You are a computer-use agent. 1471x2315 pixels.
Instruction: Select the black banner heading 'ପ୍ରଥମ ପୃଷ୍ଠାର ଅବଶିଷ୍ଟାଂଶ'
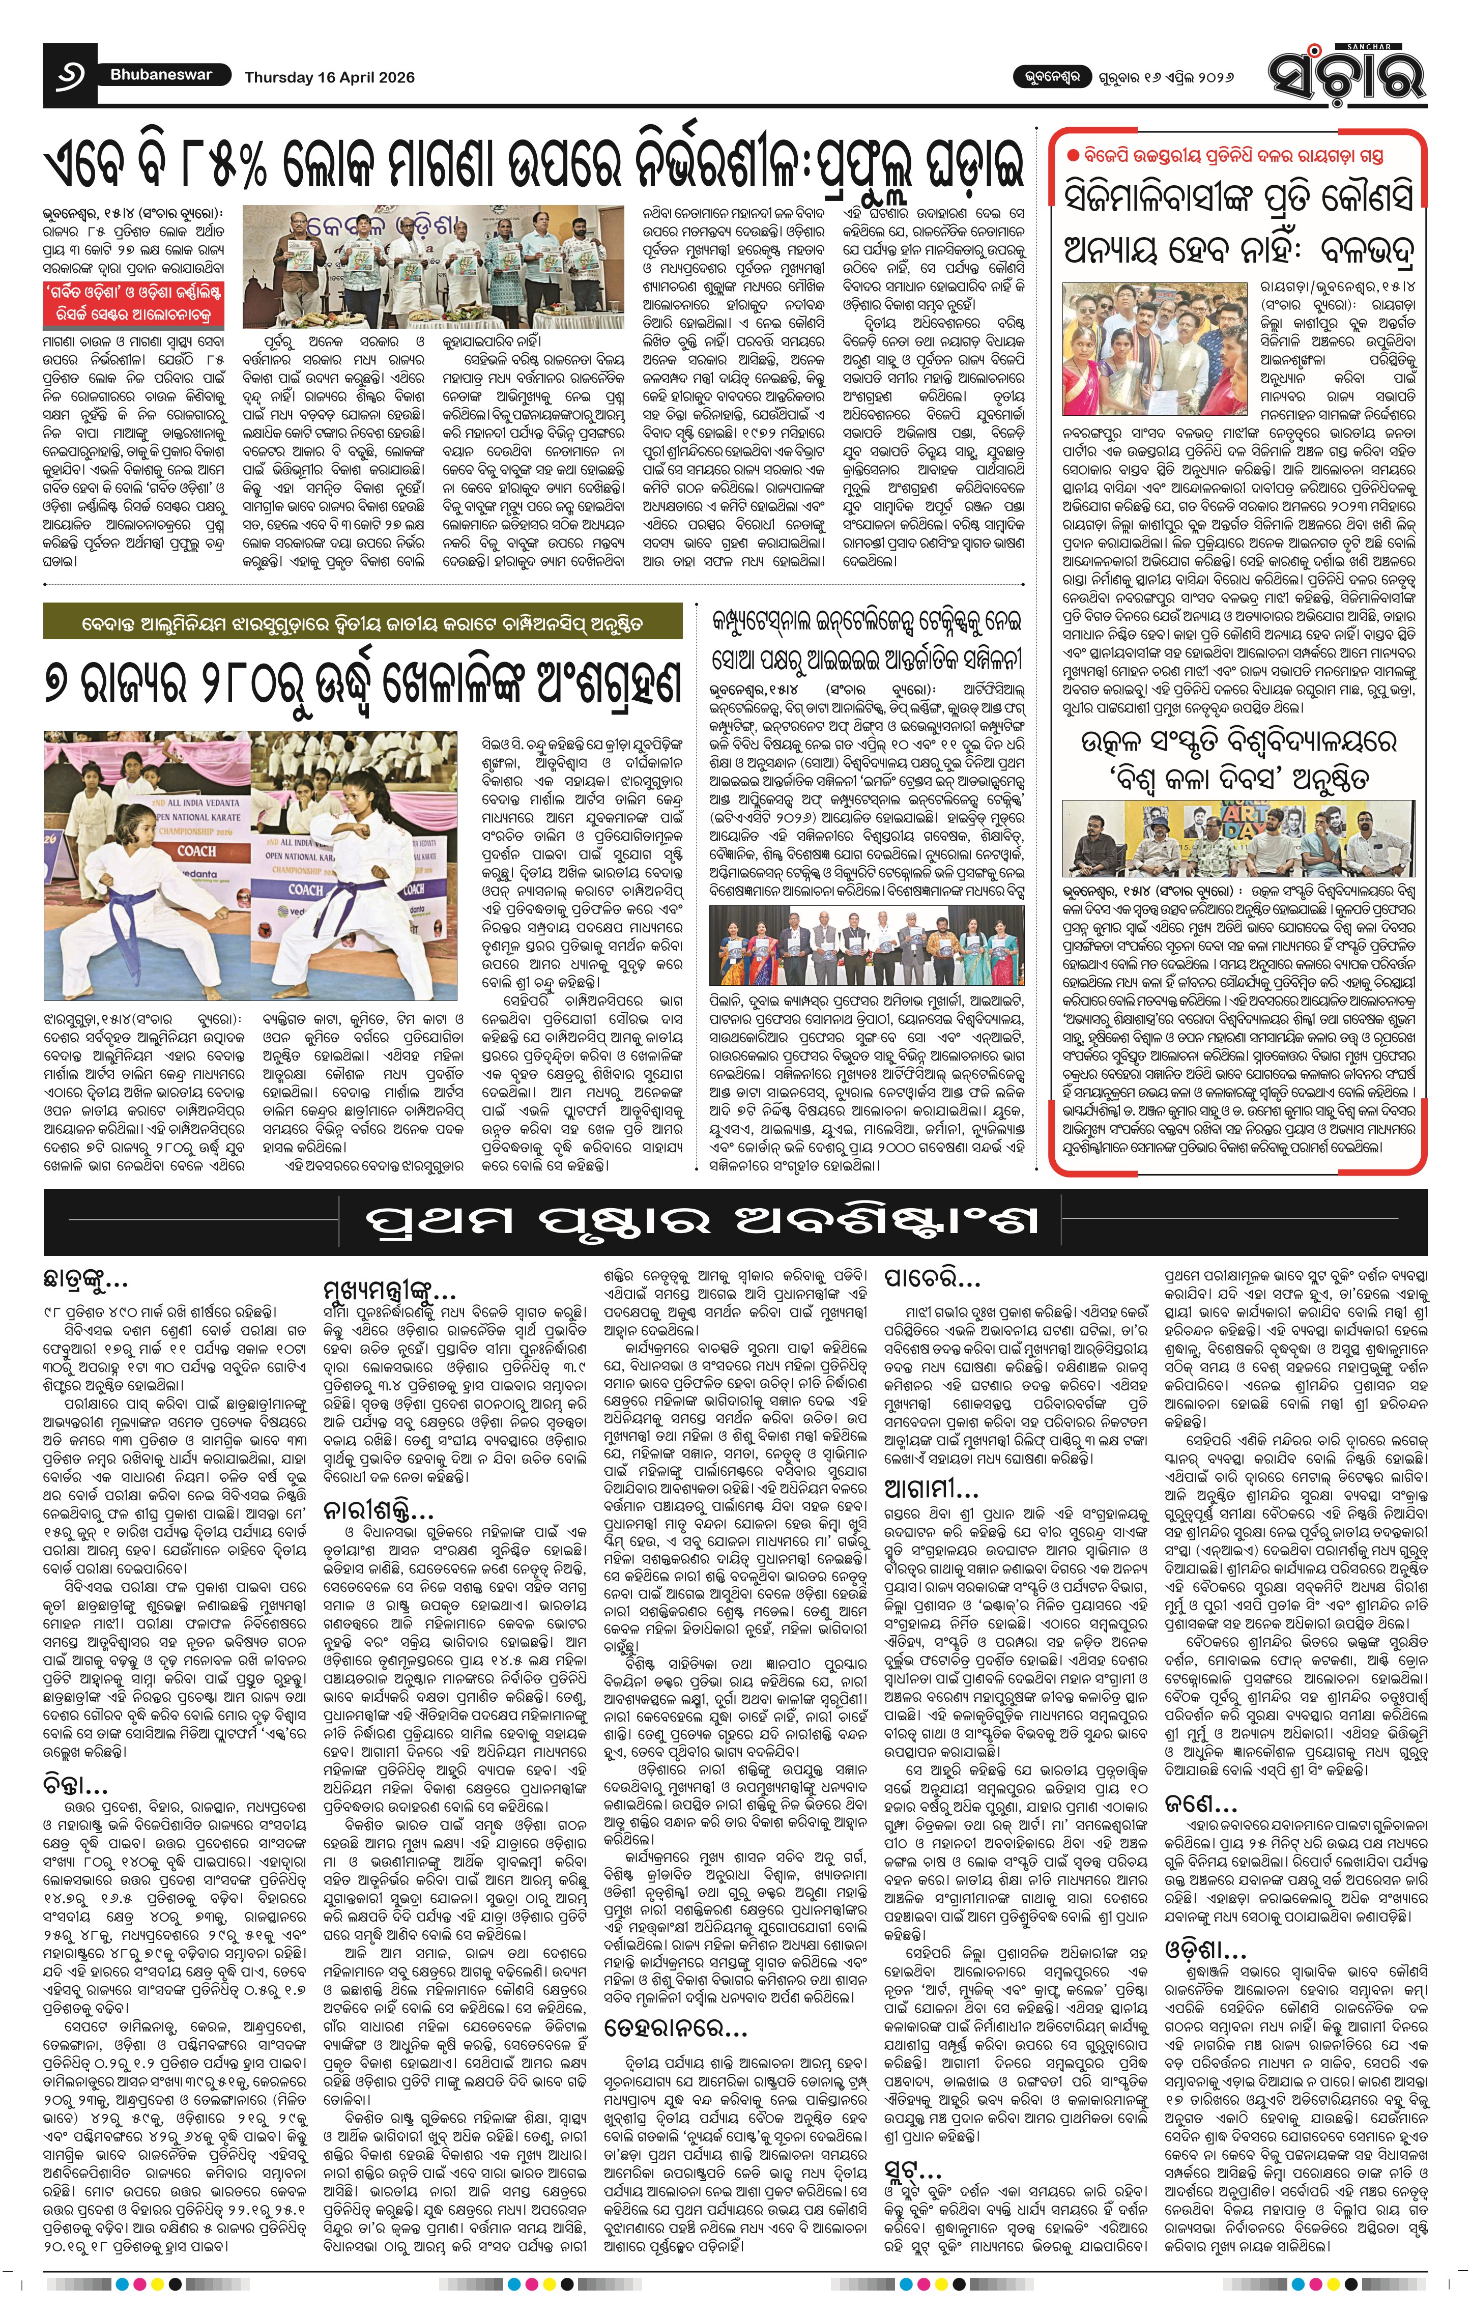(702, 1221)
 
